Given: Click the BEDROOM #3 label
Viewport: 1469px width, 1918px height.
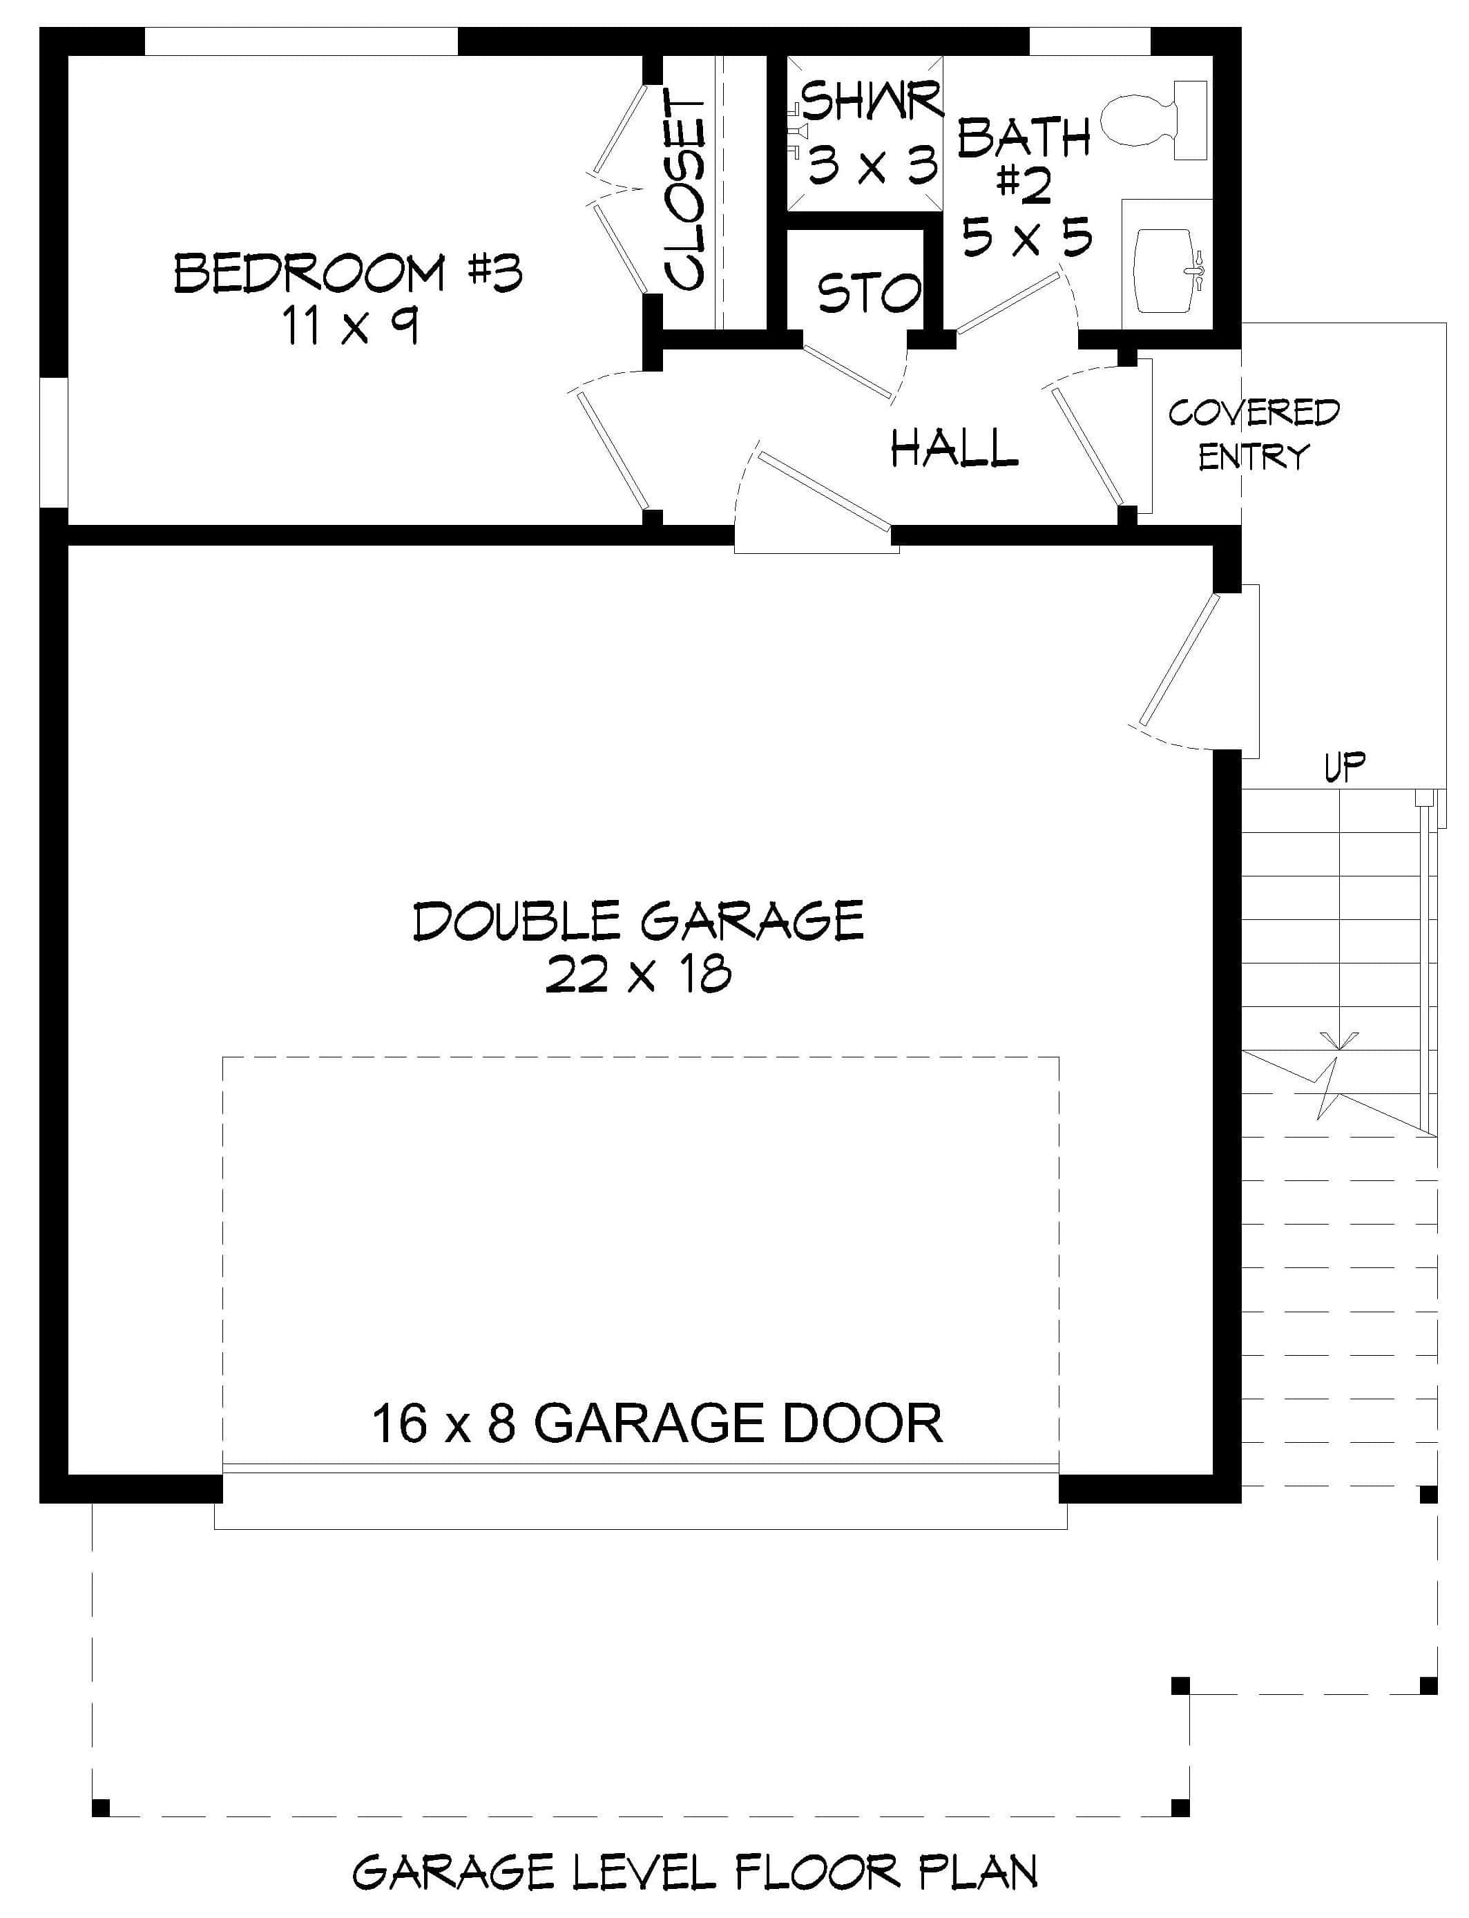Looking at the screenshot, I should [348, 273].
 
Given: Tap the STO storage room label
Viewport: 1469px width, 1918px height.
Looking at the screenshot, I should [868, 292].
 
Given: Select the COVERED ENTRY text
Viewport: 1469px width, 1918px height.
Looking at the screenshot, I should [1253, 434].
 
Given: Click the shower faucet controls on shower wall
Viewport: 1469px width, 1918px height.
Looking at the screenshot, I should [796, 131].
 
